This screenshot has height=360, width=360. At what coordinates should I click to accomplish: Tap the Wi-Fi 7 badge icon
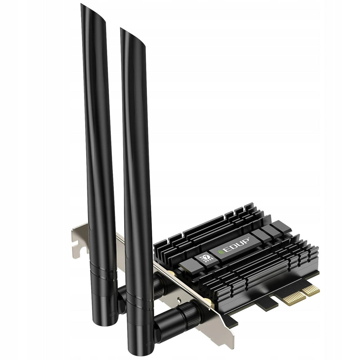pos(206,258)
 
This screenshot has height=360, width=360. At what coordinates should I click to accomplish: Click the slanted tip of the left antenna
pos(93,14)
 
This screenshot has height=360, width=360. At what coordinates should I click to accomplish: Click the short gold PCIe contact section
pos(311,290)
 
